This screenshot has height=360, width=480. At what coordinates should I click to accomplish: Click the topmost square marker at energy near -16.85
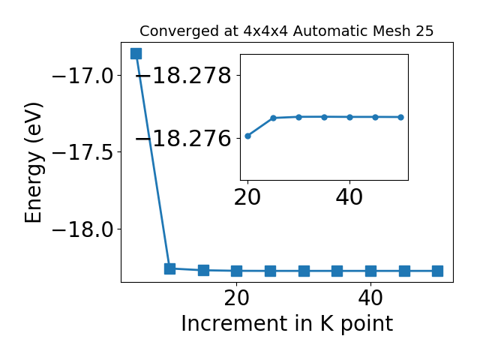coord(136,53)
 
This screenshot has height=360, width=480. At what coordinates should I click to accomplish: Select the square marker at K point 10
coord(169,268)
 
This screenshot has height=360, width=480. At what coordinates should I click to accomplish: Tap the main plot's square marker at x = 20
coord(237,271)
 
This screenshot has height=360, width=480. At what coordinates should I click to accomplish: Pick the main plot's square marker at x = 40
coord(370,271)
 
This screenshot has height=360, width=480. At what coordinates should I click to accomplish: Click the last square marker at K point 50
coord(437,271)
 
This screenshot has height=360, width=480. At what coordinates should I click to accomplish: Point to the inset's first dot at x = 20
coord(248,136)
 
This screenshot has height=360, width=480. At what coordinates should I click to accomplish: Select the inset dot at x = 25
coord(273,118)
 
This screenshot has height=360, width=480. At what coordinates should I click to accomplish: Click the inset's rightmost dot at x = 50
coord(400,117)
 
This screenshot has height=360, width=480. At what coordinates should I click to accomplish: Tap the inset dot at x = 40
coord(350,117)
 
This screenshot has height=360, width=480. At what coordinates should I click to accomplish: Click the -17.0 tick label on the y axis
coord(83,76)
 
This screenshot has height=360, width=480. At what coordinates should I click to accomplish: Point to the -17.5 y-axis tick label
coord(83,152)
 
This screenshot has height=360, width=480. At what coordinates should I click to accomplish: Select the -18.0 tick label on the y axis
coord(83,229)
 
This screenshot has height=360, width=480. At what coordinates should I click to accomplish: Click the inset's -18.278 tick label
coord(183,75)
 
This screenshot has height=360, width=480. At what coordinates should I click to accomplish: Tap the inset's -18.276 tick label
coord(183,139)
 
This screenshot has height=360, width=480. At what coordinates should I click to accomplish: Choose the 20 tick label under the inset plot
coord(247,197)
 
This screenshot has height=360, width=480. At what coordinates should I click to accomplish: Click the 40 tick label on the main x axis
coord(370,298)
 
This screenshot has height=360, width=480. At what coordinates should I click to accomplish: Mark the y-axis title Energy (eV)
coord(34,163)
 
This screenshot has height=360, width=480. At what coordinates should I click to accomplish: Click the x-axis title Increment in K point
coord(286,323)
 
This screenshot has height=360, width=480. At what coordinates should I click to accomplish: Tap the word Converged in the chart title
coord(180,31)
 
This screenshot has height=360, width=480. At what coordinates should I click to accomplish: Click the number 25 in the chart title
coord(424,31)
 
